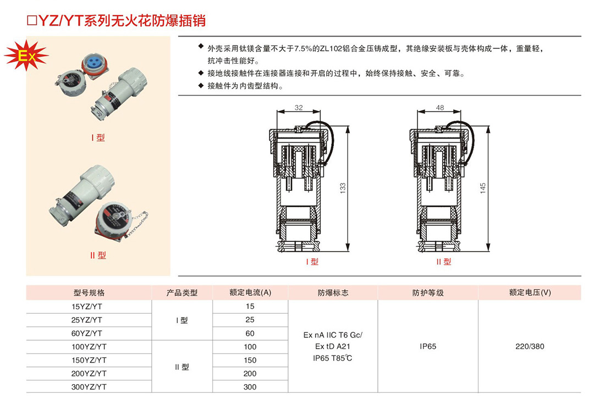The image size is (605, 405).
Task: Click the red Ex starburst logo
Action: [26, 56]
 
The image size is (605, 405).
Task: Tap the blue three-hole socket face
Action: [94, 63]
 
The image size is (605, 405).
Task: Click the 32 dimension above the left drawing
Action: [299, 108]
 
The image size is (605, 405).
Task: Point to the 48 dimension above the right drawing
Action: [440, 108]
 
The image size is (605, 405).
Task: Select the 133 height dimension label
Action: [343, 188]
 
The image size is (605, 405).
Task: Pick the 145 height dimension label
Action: [483, 188]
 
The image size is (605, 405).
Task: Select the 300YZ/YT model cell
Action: [89, 387]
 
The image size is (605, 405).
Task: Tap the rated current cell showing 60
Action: [250, 334]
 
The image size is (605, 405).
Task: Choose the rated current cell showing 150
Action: [250, 360]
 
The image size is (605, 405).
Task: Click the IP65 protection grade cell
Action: [428, 346]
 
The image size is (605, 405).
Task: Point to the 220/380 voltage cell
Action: [530, 346]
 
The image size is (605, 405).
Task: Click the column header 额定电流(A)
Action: [250, 292]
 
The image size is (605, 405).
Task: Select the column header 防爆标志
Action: [333, 293]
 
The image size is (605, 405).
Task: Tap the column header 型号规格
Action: [89, 293]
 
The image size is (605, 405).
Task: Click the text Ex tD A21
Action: [333, 346]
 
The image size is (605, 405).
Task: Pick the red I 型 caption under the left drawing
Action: [312, 262]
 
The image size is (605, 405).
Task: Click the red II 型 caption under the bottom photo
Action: [98, 255]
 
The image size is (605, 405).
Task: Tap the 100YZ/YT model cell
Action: [89, 347]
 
